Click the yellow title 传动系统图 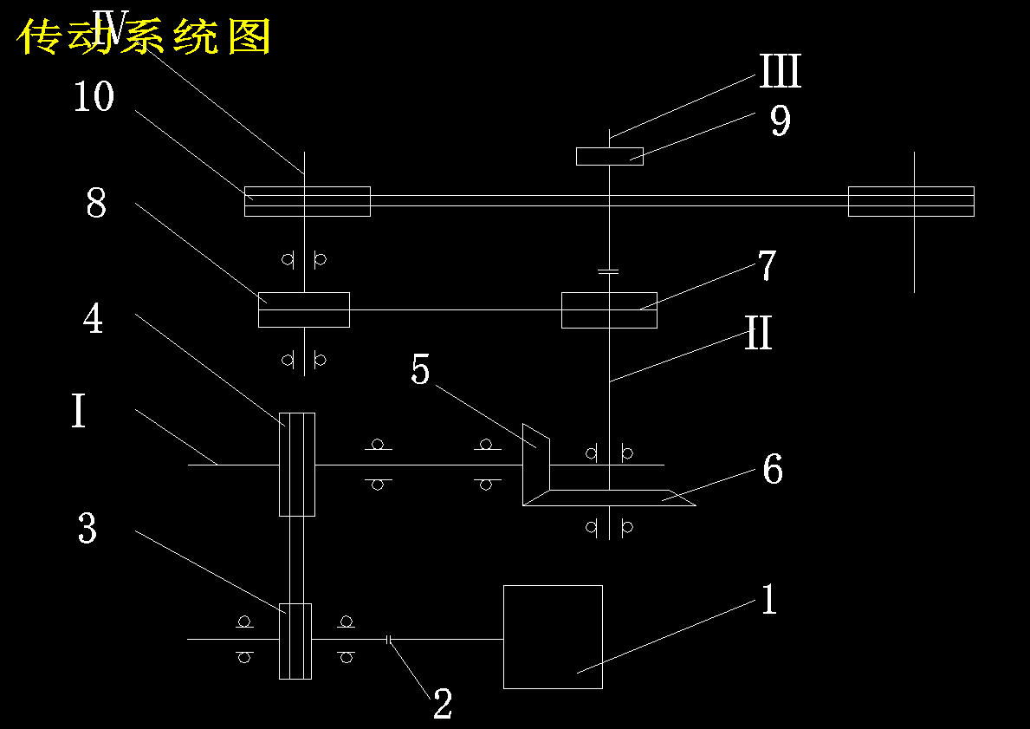tap(144, 36)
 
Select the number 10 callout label tap(94, 96)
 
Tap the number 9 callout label tap(780, 120)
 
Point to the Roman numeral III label tap(781, 71)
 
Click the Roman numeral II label tap(758, 333)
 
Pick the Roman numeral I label tap(79, 412)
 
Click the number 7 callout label tap(767, 265)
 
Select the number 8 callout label tap(96, 203)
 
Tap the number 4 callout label tap(94, 319)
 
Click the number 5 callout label tap(420, 368)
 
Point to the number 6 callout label tap(773, 469)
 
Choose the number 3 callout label tap(87, 528)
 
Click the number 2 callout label tap(443, 704)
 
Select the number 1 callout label tap(769, 599)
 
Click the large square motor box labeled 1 tap(553, 637)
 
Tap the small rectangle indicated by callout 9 tap(610, 156)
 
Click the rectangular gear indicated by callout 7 tap(609, 309)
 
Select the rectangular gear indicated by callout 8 tap(304, 309)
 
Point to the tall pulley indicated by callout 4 tap(297, 464)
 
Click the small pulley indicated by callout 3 tap(295, 641)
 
